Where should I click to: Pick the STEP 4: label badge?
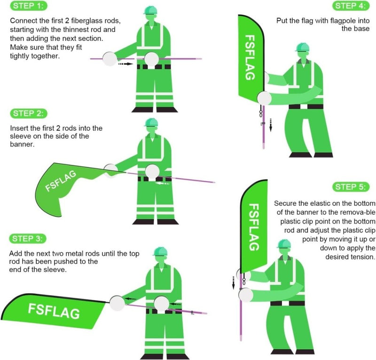[350, 6]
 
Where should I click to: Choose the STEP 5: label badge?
[350, 187]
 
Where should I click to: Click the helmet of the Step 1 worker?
[150, 10]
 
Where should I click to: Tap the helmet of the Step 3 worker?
[160, 250]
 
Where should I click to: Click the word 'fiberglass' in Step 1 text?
[87, 21]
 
